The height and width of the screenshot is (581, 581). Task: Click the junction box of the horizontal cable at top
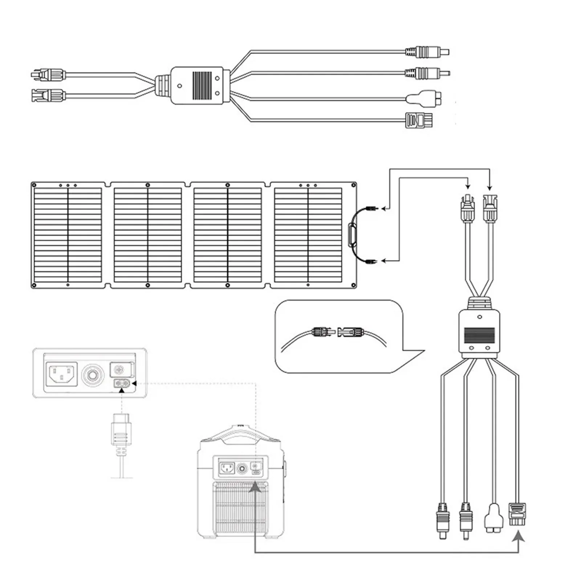tap(200, 86)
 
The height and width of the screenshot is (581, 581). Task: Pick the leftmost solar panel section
tap(68, 235)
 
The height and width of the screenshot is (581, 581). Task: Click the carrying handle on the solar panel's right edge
tap(352, 235)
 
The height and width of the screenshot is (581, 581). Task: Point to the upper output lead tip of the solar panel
tap(372, 208)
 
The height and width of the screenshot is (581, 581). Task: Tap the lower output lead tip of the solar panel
tap(372, 261)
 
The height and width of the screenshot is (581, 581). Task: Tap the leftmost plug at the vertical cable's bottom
tap(443, 521)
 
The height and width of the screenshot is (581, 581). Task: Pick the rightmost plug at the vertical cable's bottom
tap(517, 514)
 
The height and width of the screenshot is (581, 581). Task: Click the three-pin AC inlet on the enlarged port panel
tap(61, 374)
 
